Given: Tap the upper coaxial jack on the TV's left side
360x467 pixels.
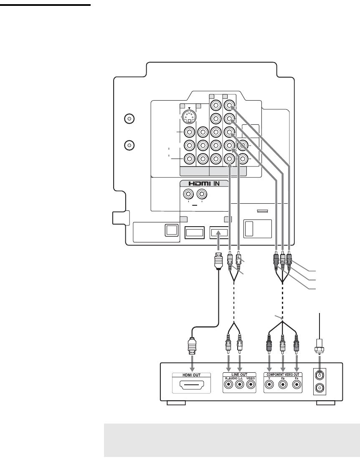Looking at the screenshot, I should point(130,119).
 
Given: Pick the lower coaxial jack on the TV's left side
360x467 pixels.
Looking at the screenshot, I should point(130,146).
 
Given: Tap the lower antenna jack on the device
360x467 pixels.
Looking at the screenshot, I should point(320,389).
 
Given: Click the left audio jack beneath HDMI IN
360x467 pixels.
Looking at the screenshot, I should point(189,194).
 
